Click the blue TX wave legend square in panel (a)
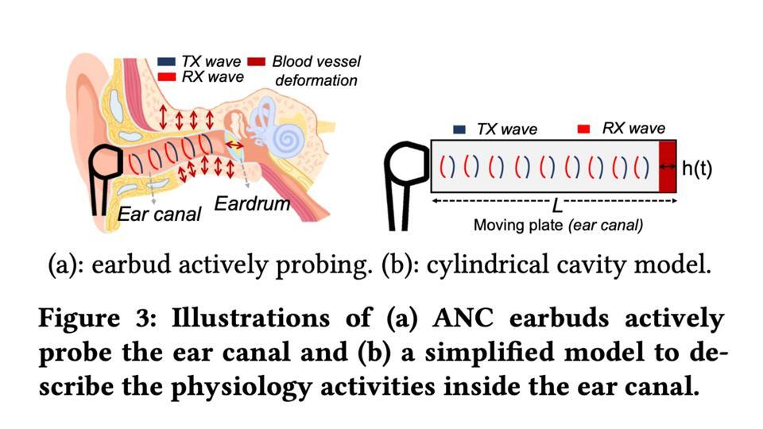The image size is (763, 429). click(x=166, y=62)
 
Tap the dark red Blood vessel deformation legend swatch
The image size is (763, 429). click(x=257, y=62)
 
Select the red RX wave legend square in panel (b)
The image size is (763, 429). click(x=583, y=129)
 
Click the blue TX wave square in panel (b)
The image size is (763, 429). click(x=459, y=129)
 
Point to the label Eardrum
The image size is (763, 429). click(x=252, y=203)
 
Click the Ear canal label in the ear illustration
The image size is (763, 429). click(x=159, y=214)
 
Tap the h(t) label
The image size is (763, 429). click(x=697, y=168)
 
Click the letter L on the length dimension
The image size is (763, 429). click(x=558, y=206)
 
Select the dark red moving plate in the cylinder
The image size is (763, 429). click(x=667, y=167)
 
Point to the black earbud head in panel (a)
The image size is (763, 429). click(x=105, y=161)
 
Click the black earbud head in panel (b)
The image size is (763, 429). click(x=406, y=162)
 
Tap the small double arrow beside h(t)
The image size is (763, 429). click(x=668, y=167)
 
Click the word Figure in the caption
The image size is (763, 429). click(x=79, y=319)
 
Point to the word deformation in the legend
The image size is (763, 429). click(x=316, y=80)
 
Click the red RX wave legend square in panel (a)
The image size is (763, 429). click(x=166, y=77)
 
